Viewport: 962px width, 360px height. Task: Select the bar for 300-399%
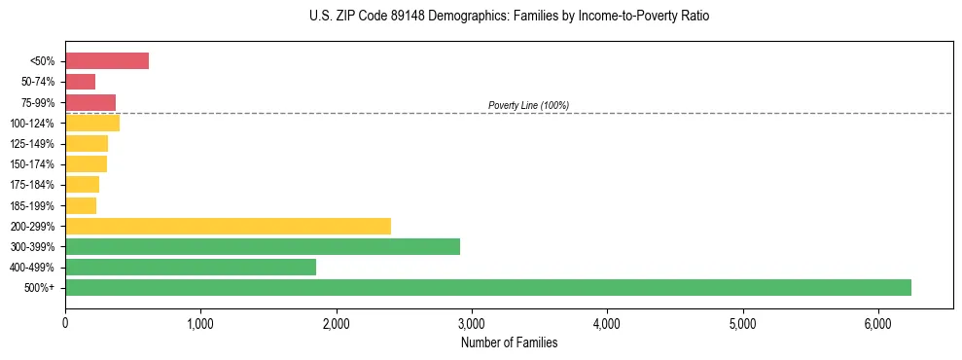(263, 246)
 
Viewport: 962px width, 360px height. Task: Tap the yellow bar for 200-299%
(228, 226)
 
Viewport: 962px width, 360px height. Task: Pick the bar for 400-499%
(191, 267)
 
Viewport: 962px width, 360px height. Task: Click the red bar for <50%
(107, 61)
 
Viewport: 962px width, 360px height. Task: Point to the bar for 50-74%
(81, 82)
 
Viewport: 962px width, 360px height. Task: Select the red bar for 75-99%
(90, 102)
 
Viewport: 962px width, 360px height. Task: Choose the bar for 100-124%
(92, 123)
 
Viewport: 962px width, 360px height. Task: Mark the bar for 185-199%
(81, 205)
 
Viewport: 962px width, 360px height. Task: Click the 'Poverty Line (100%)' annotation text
(528, 105)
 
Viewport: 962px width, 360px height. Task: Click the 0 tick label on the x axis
(65, 323)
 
